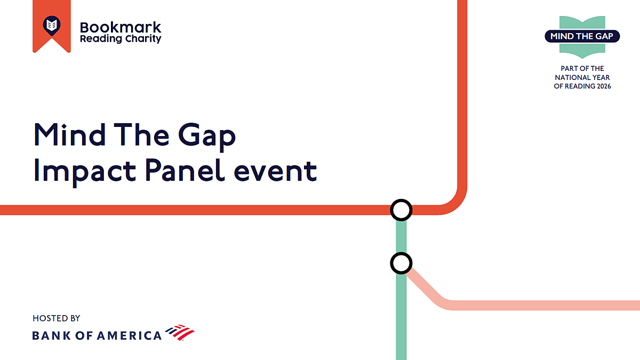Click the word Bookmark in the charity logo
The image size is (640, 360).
(121, 28)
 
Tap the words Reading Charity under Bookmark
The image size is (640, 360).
(121, 39)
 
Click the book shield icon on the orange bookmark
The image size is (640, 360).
(51, 26)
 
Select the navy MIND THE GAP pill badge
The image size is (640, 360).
(582, 36)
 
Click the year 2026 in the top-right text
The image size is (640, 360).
(603, 86)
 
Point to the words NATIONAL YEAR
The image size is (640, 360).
(582, 77)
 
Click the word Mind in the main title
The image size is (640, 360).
(69, 134)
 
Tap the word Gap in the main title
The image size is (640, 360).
(207, 137)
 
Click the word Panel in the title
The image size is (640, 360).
(185, 170)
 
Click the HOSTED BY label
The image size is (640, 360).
(57, 318)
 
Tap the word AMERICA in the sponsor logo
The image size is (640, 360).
(130, 335)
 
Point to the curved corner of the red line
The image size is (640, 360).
(457, 204)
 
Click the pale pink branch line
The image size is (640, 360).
(514, 306)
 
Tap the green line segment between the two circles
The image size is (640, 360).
(401, 237)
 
